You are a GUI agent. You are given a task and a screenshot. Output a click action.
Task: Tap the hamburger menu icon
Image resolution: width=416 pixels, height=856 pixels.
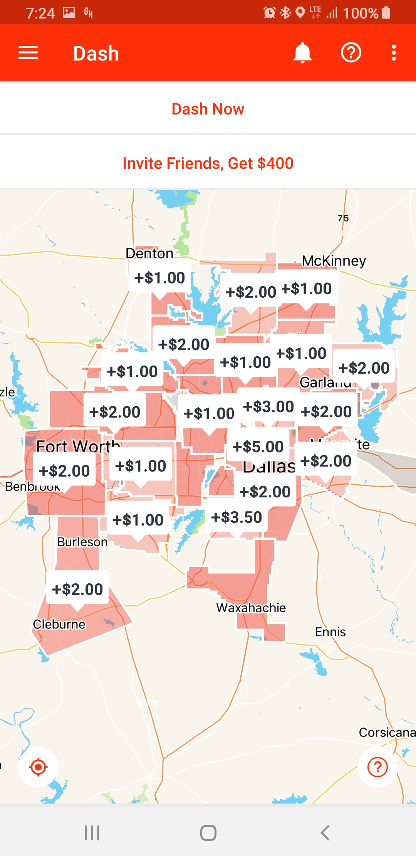(x=28, y=53)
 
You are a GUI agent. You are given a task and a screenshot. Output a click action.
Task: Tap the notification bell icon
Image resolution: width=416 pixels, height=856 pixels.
(x=302, y=53)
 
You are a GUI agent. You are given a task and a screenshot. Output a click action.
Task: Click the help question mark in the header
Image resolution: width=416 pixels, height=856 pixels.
(x=351, y=53)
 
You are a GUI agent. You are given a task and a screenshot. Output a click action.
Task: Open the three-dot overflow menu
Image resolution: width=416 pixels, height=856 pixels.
(x=394, y=53)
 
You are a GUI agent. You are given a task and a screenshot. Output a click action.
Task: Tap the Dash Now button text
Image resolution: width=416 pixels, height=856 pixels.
(x=208, y=109)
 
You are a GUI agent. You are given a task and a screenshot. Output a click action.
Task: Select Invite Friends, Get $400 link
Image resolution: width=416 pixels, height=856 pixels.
(x=208, y=163)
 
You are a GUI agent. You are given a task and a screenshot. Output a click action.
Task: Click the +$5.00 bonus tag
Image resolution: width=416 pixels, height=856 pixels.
(x=258, y=447)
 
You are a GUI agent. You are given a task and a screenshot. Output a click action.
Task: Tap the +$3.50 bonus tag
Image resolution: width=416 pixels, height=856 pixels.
(x=237, y=517)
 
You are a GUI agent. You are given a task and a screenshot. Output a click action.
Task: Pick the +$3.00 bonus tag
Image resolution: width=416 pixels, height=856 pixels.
(x=268, y=406)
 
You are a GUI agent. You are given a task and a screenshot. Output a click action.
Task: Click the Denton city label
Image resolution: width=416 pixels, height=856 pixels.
(x=149, y=253)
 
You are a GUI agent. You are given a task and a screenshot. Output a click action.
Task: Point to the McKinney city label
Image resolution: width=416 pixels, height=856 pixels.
(x=334, y=261)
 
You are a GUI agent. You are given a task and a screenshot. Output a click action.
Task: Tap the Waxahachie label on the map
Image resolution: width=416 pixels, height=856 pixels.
(x=251, y=608)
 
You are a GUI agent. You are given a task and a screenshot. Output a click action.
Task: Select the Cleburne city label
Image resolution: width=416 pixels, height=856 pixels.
(x=59, y=624)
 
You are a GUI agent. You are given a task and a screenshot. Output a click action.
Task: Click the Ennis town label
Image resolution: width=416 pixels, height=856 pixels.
(x=330, y=632)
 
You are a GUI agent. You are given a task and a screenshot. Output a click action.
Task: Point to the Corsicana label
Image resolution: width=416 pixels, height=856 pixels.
(x=387, y=732)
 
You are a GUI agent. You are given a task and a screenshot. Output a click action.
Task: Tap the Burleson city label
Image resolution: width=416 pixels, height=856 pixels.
(x=82, y=542)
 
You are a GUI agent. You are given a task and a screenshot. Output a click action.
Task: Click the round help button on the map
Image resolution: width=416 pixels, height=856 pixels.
(x=377, y=767)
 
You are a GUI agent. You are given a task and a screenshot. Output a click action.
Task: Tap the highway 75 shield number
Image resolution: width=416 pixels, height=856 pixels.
(x=343, y=218)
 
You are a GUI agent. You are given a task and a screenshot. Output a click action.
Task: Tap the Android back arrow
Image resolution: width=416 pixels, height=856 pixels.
(x=325, y=833)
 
